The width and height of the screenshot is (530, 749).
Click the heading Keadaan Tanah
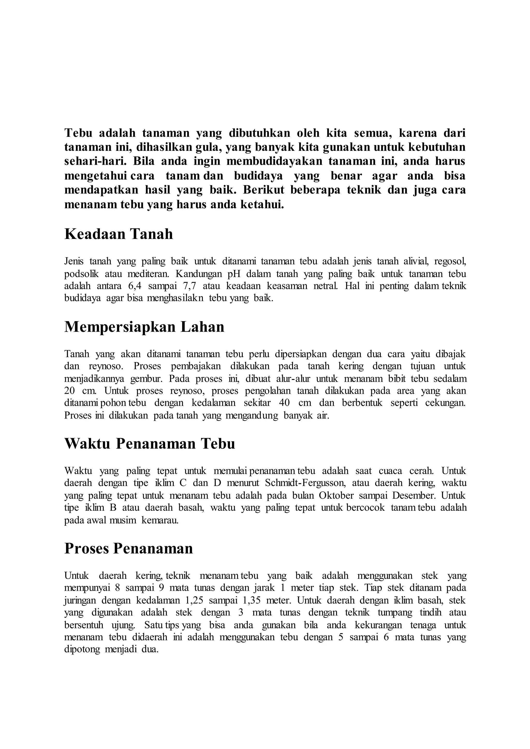click(119, 235)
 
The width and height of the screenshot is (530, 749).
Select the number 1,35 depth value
click(252, 601)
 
